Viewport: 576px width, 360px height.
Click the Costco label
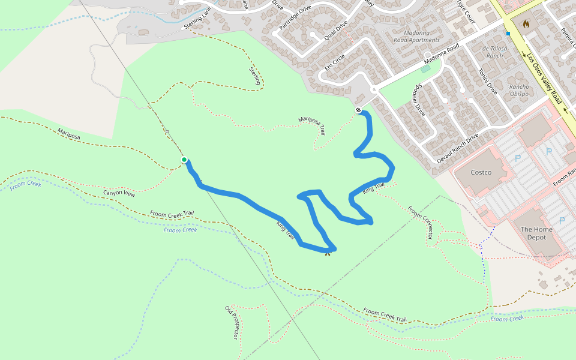481,173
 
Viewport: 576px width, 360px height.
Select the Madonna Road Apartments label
416,36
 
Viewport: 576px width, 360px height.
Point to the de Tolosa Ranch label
494,52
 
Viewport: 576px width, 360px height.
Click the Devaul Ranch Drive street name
457,148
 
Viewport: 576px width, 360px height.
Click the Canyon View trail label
119,193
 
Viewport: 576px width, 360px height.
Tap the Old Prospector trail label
232,322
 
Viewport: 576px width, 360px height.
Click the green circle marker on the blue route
184,160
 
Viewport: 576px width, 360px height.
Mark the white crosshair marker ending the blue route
358,110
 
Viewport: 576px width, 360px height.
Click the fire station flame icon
526,25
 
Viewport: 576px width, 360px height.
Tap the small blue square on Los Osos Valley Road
508,34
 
